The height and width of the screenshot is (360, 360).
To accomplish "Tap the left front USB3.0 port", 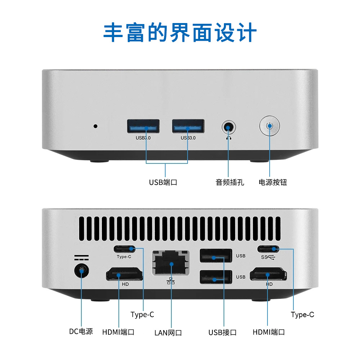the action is (143, 126).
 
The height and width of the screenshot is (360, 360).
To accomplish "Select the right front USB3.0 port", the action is (188, 126).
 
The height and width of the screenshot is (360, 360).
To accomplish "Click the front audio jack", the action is (228, 127).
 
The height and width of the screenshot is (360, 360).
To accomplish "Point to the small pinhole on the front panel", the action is (95, 126).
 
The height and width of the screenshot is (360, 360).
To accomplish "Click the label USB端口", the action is (163, 183).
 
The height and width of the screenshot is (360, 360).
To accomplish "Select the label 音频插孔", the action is (230, 183).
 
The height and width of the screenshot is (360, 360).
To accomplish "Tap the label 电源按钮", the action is (273, 183).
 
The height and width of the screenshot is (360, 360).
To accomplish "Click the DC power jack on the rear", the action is (81, 271).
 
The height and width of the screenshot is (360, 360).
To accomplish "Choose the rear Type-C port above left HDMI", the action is (124, 249).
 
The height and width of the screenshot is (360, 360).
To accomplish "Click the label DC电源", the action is (81, 332).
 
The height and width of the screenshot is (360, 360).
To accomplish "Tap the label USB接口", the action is (222, 332).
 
